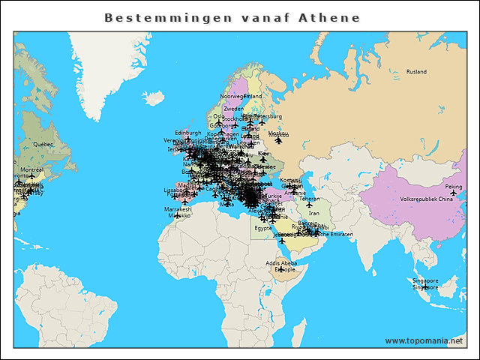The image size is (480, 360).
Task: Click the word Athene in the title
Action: pyautogui.click(x=330, y=17)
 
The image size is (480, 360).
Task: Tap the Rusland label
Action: pyautogui.click(x=416, y=72)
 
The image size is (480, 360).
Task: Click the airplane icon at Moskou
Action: pyautogui.click(x=279, y=139)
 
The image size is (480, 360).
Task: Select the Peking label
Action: pyautogui.click(x=454, y=187)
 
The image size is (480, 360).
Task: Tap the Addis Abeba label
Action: pyautogui.click(x=280, y=262)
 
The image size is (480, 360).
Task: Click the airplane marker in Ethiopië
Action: pyautogui.click(x=281, y=269)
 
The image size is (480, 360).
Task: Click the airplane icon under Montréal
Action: pyautogui.click(x=31, y=176)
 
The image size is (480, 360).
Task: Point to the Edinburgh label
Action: pyautogui.click(x=187, y=132)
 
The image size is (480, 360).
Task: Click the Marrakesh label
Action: pyautogui.click(x=178, y=208)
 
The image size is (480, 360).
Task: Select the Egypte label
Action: pyautogui.click(x=263, y=227)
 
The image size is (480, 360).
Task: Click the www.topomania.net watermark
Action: pyautogui.click(x=424, y=340)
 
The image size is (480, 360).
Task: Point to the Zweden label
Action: pyautogui.click(x=233, y=109)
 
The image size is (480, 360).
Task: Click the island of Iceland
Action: pyautogui.click(x=154, y=98)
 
